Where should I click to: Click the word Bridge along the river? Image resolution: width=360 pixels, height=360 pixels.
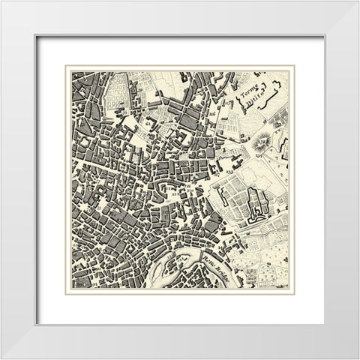coord(223,273)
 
